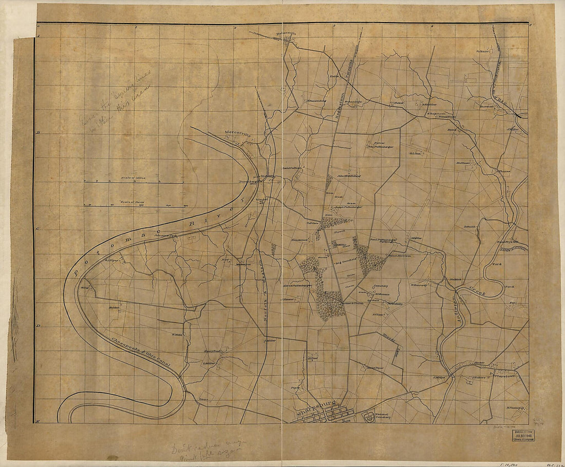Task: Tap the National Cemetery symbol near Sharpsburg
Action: [369, 417]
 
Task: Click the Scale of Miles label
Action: [134, 178]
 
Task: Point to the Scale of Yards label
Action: [131, 202]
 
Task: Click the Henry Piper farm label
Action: [375, 368]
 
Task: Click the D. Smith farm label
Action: [470, 226]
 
